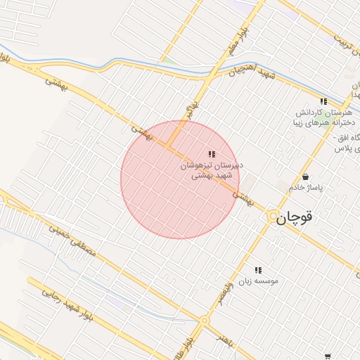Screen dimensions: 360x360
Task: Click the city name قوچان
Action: click(x=293, y=218)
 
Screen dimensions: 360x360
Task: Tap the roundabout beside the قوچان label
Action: click(x=272, y=218)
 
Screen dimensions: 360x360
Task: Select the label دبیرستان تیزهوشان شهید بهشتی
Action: click(x=212, y=171)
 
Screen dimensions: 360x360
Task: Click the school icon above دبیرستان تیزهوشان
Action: click(x=212, y=154)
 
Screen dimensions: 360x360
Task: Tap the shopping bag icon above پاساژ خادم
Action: click(x=306, y=176)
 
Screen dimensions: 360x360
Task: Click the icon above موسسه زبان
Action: click(x=258, y=269)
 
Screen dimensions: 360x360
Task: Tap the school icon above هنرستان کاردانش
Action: click(x=324, y=102)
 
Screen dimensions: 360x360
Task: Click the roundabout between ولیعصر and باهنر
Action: click(x=205, y=321)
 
